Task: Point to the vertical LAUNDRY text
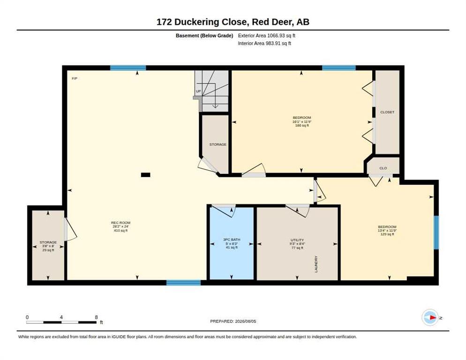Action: coord(316,264)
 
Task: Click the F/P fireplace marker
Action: coord(75,78)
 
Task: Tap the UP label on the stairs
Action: coord(198,91)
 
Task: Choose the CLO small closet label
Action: coord(383,168)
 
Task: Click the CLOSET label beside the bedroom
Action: coord(387,112)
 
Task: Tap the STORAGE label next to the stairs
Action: coord(218,144)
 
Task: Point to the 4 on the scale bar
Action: coord(61,317)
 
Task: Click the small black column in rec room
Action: coord(145,175)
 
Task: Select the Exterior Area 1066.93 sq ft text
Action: coord(267,36)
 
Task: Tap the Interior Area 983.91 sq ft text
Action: coord(264,44)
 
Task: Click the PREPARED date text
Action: coord(233,322)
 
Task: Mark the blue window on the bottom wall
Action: coord(183,283)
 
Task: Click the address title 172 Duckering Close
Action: coord(202,22)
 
